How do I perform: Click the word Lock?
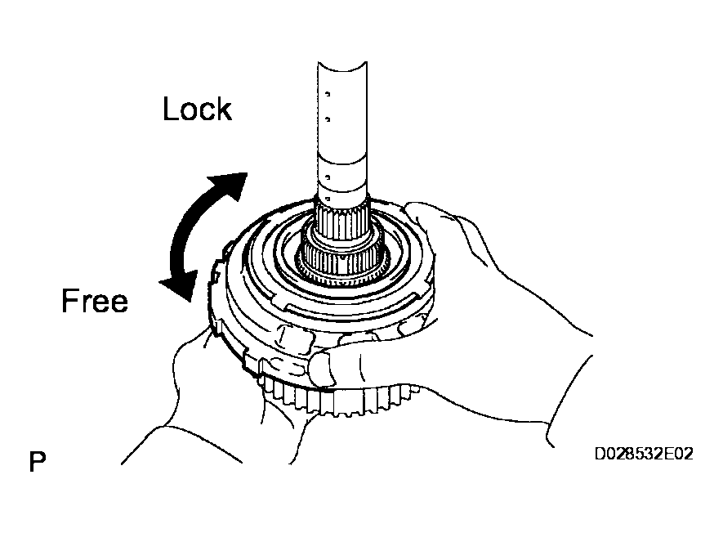pyautogui.click(x=197, y=109)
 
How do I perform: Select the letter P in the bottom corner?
pyautogui.click(x=38, y=462)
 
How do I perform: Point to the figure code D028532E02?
pyautogui.click(x=644, y=454)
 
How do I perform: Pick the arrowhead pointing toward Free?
pyautogui.click(x=179, y=285)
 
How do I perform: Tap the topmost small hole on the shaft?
pyautogui.click(x=328, y=94)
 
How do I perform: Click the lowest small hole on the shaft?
pyautogui.click(x=328, y=199)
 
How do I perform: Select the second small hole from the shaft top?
pyautogui.click(x=328, y=119)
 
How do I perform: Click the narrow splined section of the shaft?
pyautogui.click(x=342, y=222)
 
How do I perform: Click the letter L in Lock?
pyautogui.click(x=170, y=109)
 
